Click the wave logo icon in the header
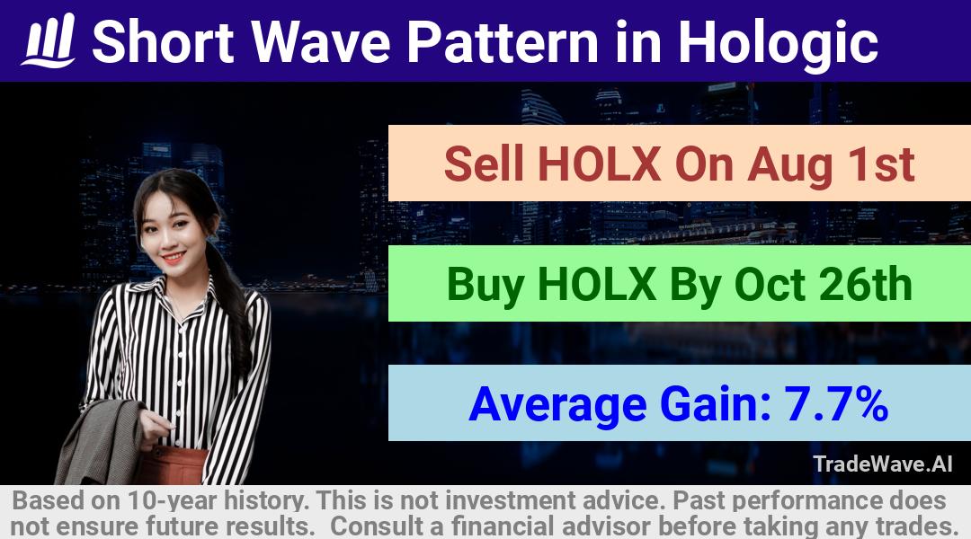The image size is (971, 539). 49,40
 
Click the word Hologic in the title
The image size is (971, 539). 778,42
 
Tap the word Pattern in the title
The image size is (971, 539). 503,41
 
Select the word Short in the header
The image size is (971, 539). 163,41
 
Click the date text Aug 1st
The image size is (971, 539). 831,165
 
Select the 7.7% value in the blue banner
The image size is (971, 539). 836,404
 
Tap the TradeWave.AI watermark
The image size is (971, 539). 883,464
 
